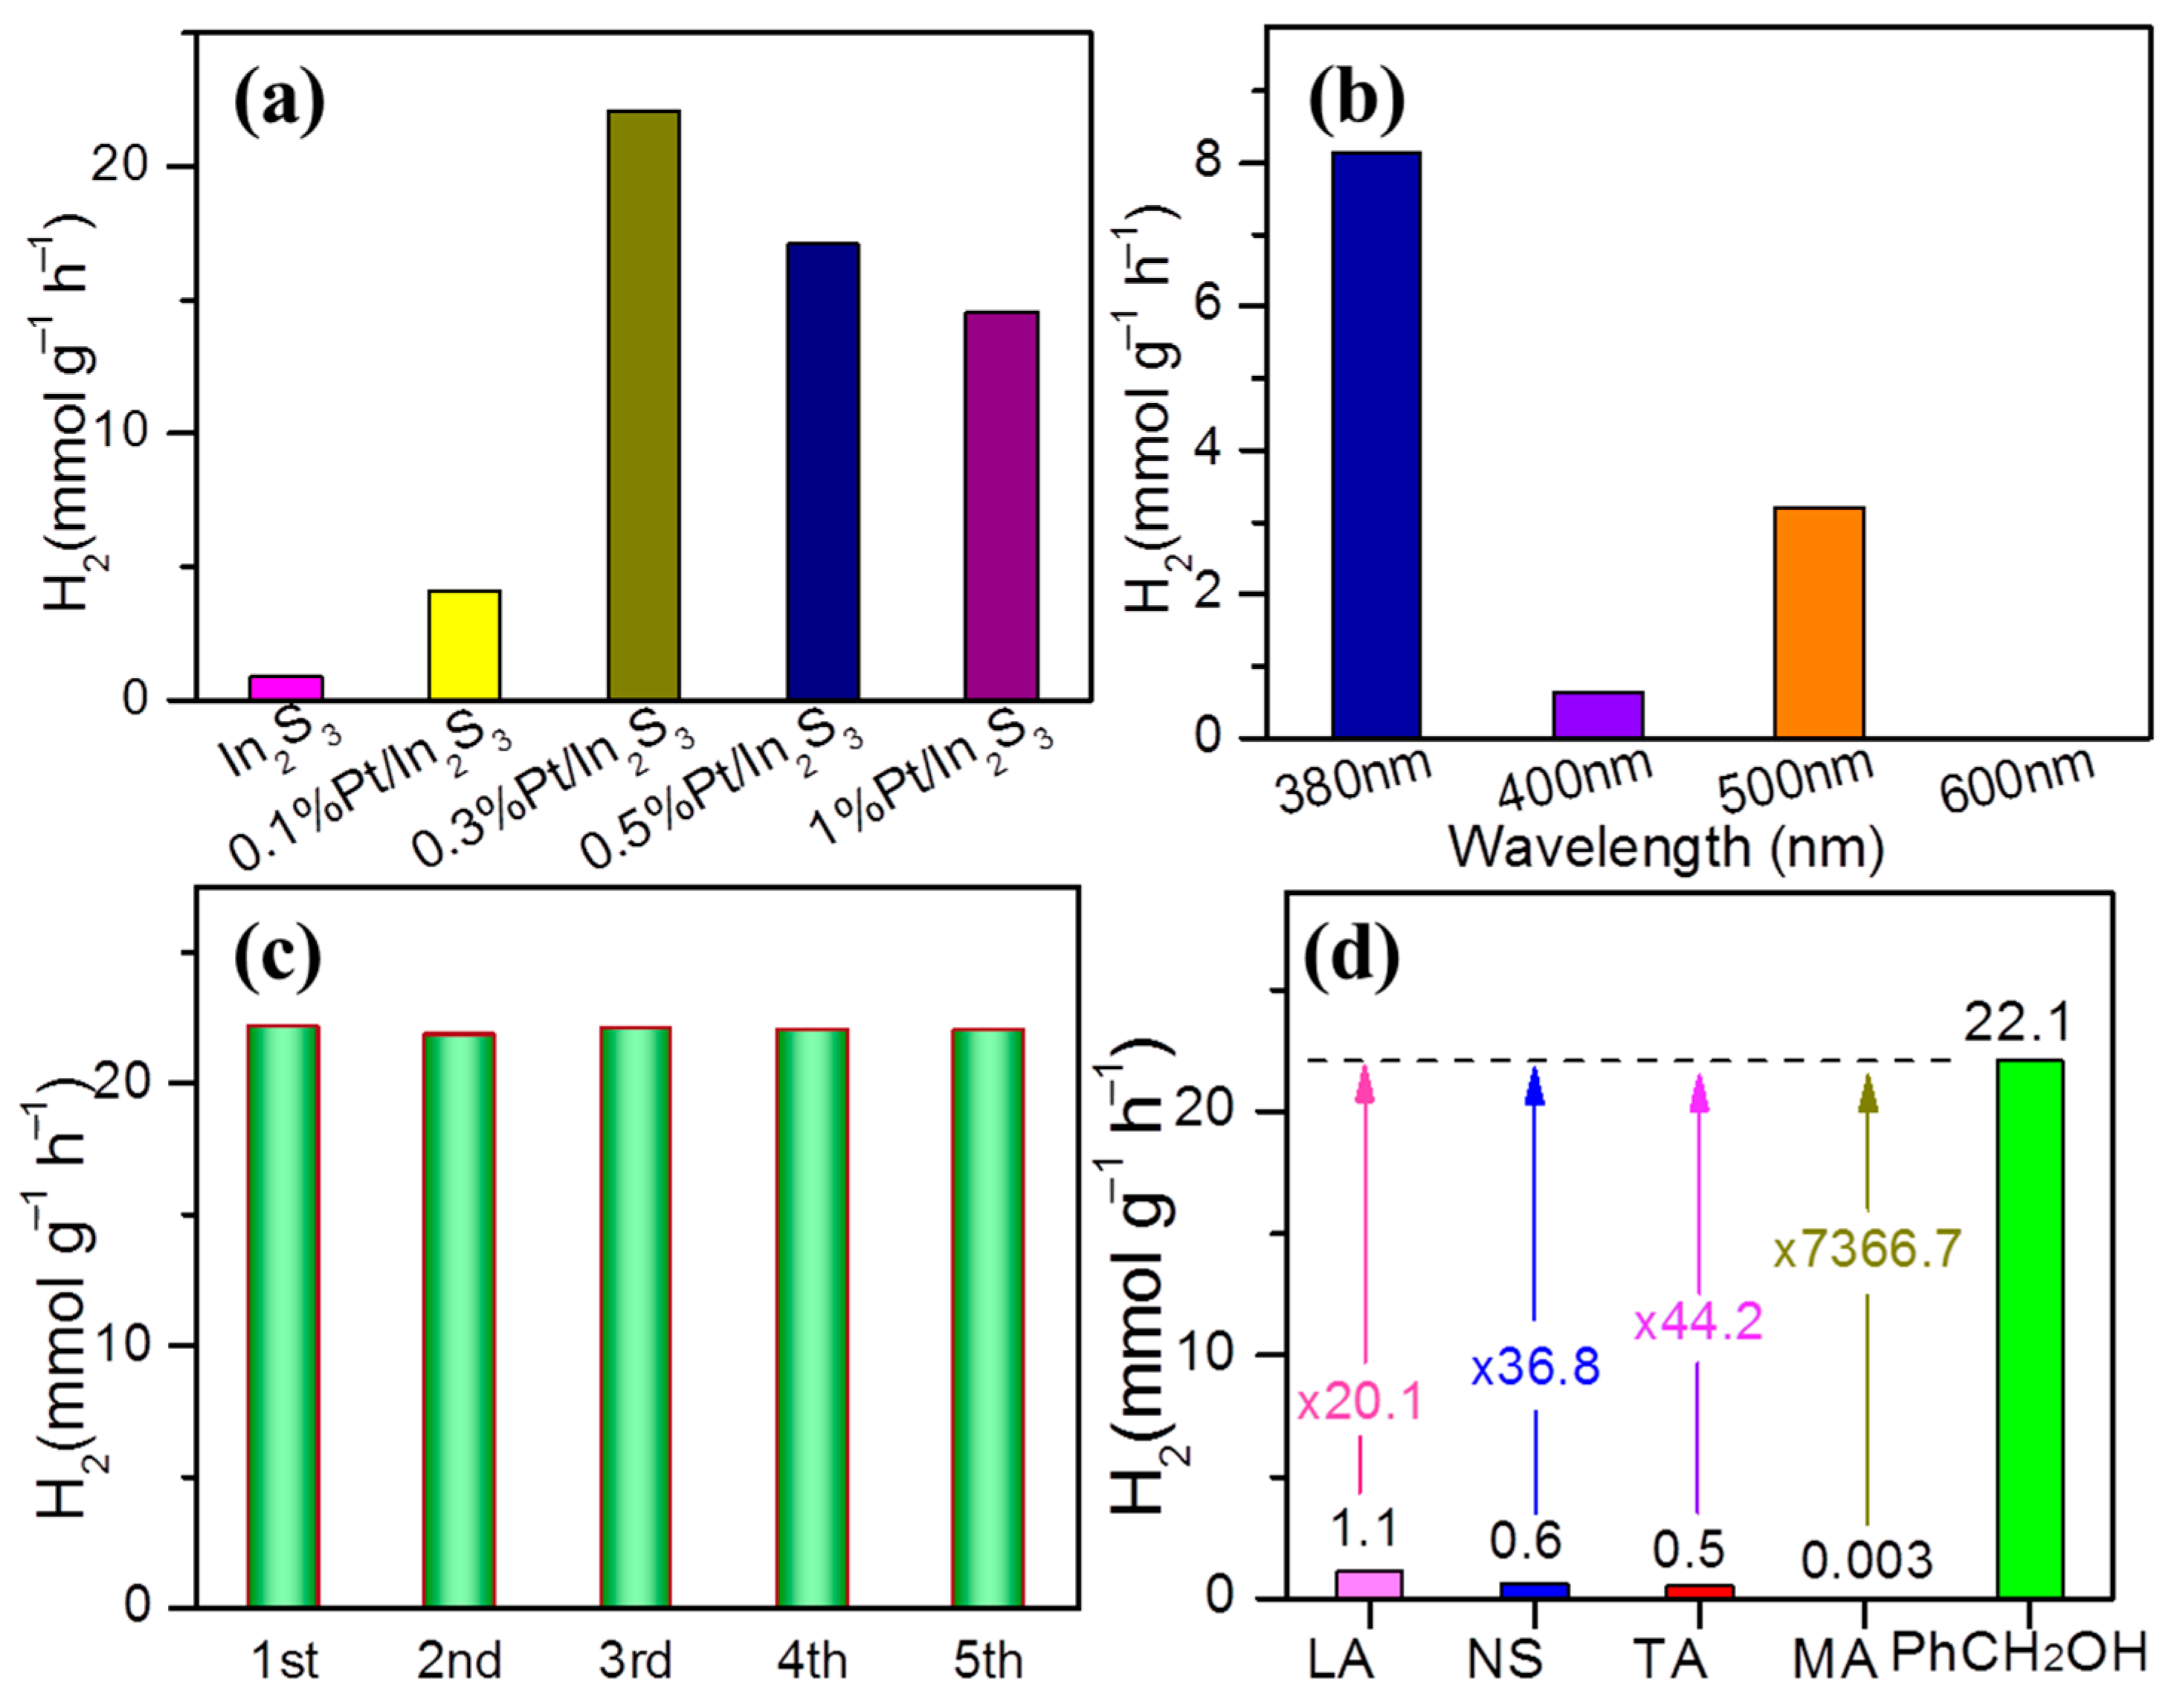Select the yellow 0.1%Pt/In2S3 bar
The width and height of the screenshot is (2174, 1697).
tap(464, 645)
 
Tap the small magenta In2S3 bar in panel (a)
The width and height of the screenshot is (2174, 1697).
tap(286, 688)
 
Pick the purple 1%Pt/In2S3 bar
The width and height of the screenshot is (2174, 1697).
tap(1001, 505)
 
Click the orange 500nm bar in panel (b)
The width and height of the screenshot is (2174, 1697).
tap(1819, 622)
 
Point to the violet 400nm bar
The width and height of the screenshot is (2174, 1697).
tap(1598, 714)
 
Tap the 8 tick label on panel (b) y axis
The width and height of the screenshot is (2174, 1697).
tap(1208, 161)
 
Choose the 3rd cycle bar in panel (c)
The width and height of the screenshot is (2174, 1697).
tap(635, 1316)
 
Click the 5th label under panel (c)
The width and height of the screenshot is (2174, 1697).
tap(987, 1660)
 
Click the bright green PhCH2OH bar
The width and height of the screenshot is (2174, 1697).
tap(2030, 1329)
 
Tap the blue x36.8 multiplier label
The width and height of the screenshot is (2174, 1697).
tap(1535, 1366)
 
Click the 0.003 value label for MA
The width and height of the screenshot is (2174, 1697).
tap(1866, 1561)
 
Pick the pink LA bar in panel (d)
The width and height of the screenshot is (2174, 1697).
tap(1369, 1583)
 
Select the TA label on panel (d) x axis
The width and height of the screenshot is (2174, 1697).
tap(1669, 1659)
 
